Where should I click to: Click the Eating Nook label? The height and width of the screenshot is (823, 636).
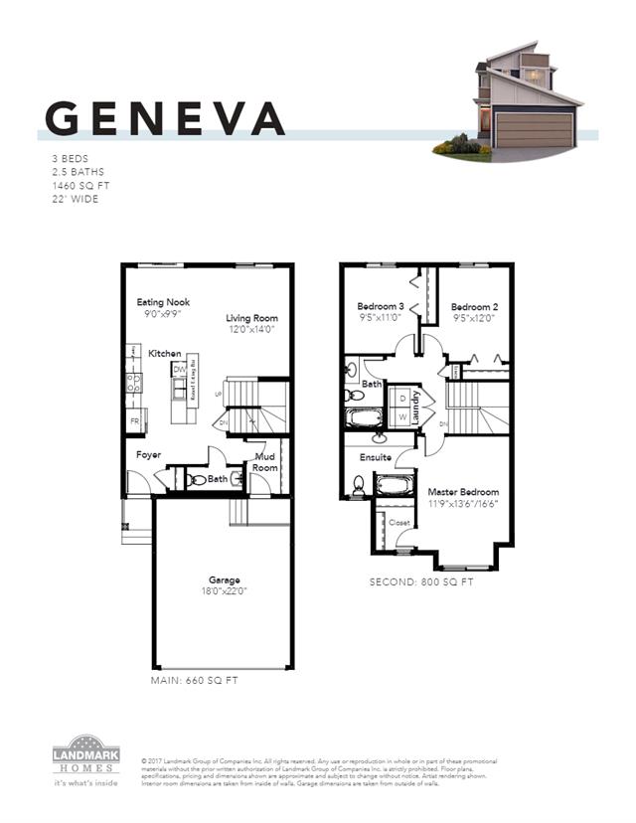(163, 302)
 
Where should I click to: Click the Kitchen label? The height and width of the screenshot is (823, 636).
(165, 354)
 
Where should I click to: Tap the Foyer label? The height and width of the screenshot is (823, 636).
(148, 455)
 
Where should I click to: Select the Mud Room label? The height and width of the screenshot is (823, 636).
(265, 463)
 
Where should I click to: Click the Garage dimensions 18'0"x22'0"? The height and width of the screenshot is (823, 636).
(224, 591)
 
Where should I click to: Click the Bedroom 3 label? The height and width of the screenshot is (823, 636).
(381, 306)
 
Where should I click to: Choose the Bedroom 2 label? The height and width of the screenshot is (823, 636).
(473, 306)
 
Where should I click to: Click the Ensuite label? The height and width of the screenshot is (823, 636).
(376, 458)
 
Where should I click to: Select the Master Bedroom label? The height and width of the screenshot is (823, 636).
(463, 492)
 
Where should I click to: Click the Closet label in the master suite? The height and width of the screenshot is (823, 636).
(398, 522)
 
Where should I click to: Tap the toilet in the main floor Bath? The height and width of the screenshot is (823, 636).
(198, 480)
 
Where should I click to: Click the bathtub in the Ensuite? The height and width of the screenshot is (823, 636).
(397, 487)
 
